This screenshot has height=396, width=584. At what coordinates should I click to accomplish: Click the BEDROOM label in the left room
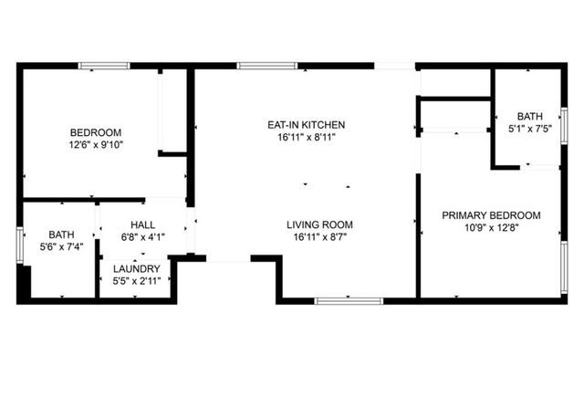95,132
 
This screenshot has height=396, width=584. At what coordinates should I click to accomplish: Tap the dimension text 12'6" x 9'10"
95,144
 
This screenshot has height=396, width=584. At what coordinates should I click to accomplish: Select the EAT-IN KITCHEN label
306,125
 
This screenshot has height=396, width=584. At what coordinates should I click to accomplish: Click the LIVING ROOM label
319,224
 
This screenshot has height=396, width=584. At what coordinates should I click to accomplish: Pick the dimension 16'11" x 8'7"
319,237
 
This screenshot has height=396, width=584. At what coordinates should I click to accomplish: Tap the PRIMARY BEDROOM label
491,215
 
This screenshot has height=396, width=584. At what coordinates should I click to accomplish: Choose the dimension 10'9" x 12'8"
491,228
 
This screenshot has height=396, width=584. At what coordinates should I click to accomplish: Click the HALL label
143,224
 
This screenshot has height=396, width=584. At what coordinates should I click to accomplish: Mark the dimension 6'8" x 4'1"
143,237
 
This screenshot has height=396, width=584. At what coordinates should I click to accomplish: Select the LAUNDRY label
137,268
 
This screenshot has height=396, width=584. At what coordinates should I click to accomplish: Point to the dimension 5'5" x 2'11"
137,281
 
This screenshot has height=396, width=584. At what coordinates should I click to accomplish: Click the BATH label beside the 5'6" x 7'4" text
61,234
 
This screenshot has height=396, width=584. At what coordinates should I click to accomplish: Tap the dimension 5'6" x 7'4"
61,246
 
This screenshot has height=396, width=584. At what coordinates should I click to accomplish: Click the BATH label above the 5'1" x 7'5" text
529,117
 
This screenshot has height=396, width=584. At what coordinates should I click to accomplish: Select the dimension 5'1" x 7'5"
529,130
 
